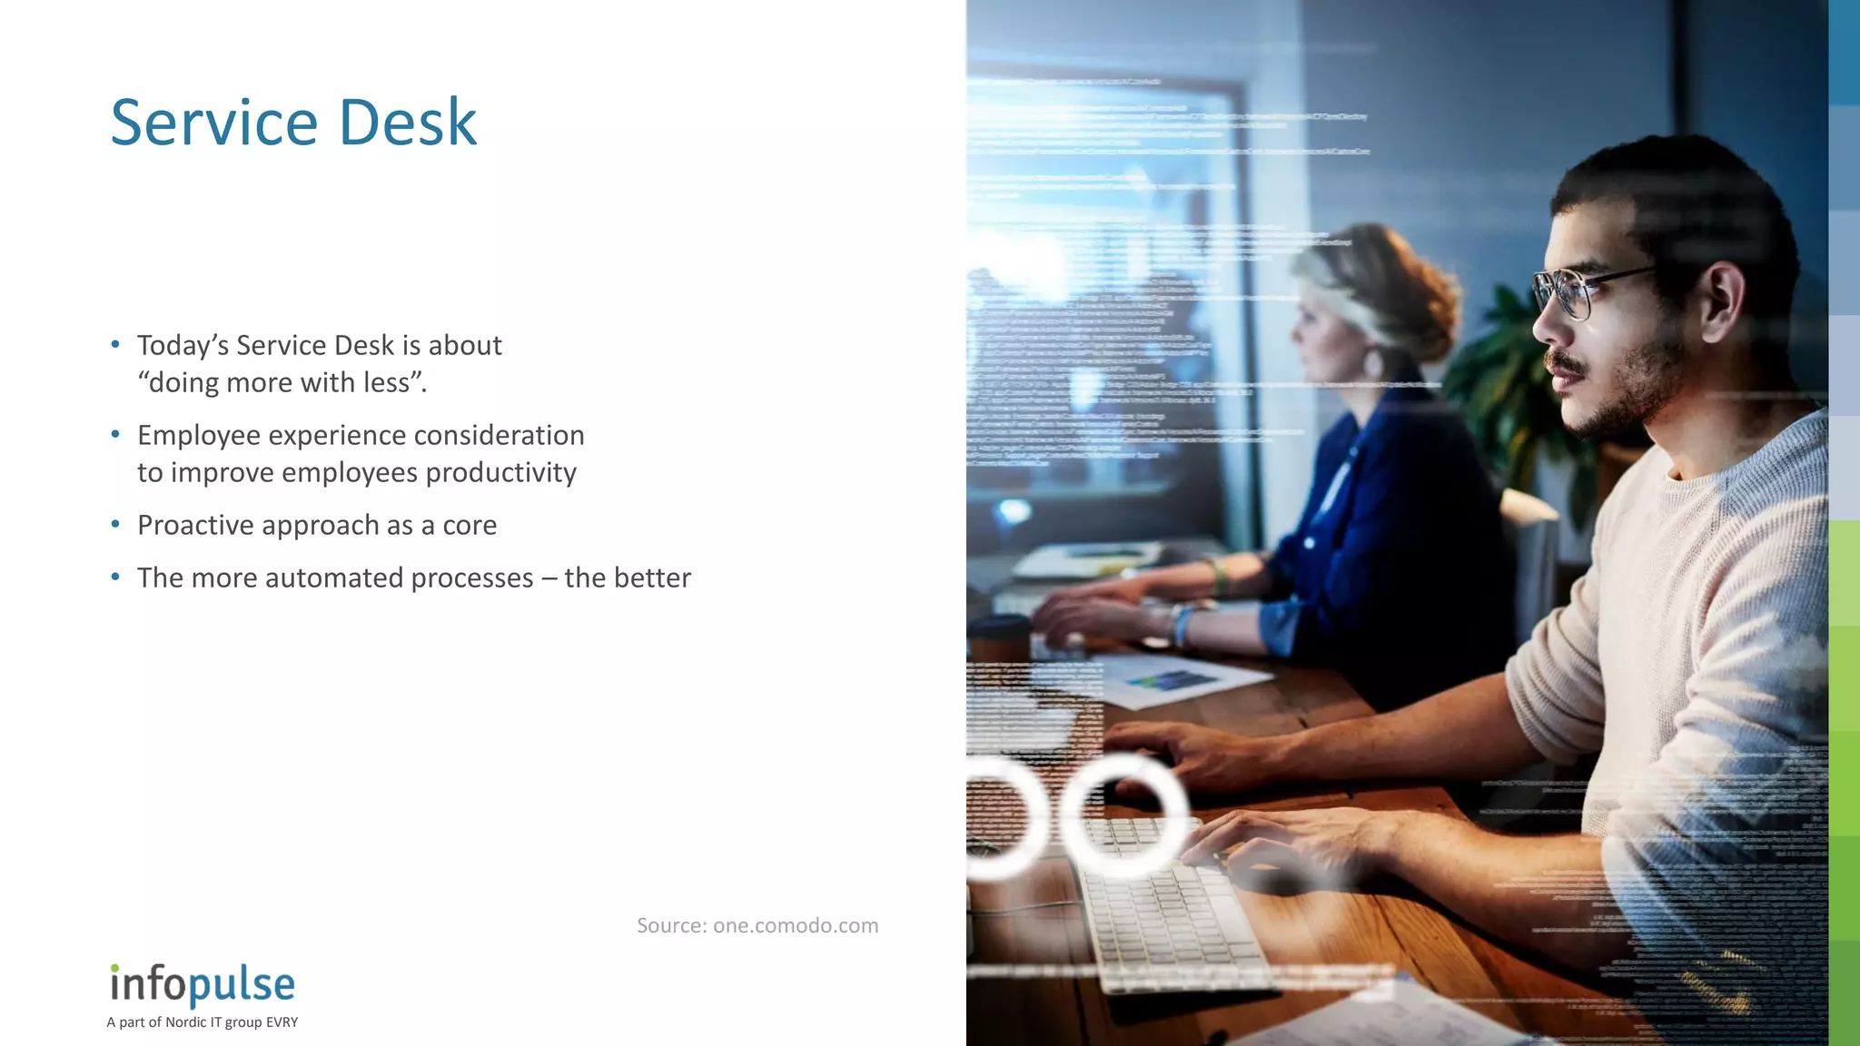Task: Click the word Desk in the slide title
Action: click(408, 123)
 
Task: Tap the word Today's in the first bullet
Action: click(183, 345)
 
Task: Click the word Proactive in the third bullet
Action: click(194, 525)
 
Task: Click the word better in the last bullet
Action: click(652, 577)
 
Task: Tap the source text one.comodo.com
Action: click(796, 925)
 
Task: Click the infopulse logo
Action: click(203, 984)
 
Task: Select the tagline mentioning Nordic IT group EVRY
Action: click(202, 1022)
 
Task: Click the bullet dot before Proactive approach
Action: click(115, 525)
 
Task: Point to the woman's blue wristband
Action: click(1181, 625)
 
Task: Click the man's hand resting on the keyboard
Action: click(1281, 835)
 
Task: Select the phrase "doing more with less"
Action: click(282, 383)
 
